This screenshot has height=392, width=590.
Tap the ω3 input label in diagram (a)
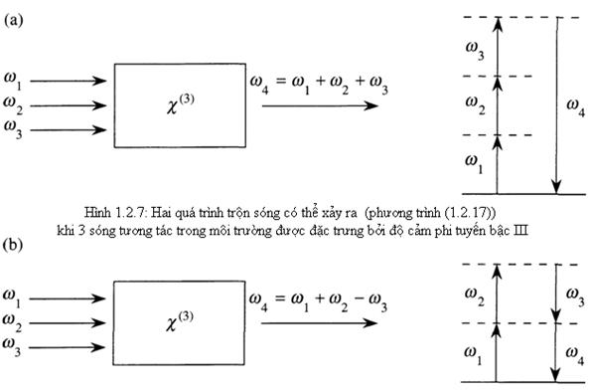13,126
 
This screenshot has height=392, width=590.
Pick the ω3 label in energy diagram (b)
574,292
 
